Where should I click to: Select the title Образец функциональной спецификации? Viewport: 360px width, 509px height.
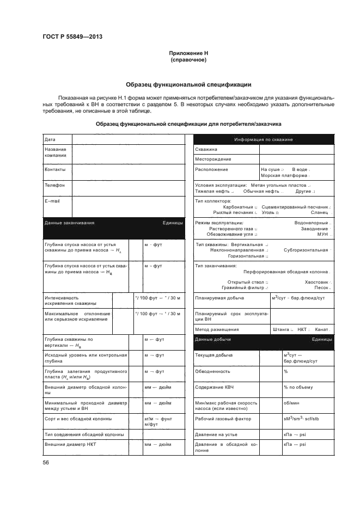(188, 85)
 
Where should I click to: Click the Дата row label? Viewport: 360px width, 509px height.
(50, 139)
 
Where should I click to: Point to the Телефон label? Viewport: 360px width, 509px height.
(54, 185)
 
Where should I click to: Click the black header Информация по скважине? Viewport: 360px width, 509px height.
(264, 139)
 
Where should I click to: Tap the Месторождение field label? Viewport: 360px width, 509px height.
(213, 159)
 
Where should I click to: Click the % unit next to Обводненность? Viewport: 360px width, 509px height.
(285, 371)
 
